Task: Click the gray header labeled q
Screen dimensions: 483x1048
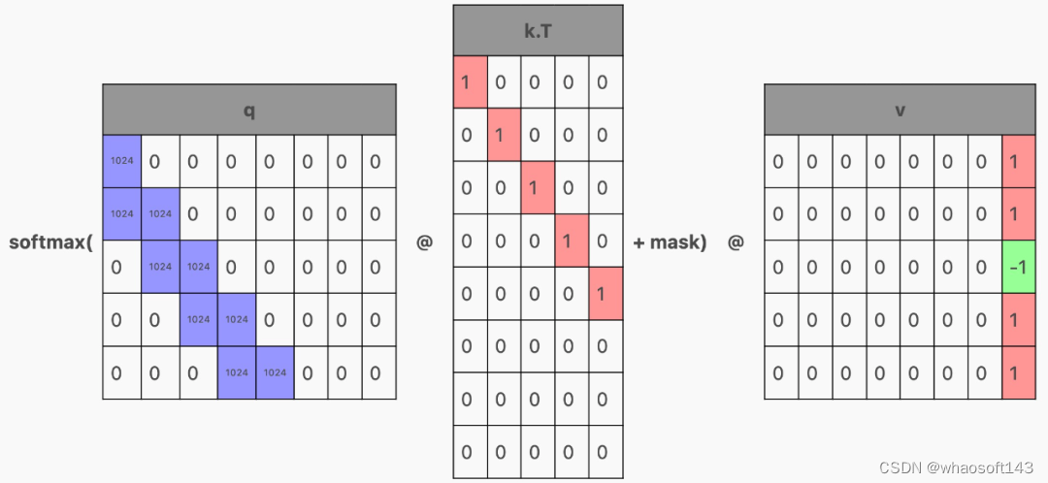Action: (x=248, y=110)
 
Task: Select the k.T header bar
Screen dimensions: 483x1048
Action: (x=537, y=30)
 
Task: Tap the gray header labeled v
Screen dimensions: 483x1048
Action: (x=900, y=110)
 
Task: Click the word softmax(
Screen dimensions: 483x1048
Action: (x=50, y=241)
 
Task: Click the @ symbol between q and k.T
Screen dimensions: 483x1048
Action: (x=424, y=241)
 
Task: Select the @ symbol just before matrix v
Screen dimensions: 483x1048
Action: (x=736, y=241)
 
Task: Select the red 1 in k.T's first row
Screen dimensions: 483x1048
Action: (x=469, y=82)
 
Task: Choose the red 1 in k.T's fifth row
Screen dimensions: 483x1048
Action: (x=603, y=294)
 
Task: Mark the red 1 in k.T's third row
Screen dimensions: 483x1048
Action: (x=536, y=188)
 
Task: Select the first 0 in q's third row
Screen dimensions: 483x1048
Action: (x=121, y=267)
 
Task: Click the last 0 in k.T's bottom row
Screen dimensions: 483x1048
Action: (x=603, y=452)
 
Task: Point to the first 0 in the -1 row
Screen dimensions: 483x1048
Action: (x=778, y=267)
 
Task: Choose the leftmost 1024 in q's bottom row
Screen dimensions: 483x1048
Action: (x=237, y=372)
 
